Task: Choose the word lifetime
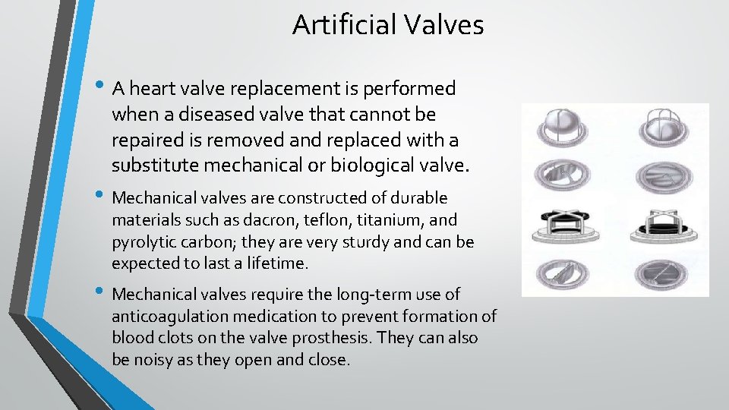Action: pos(276,263)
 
